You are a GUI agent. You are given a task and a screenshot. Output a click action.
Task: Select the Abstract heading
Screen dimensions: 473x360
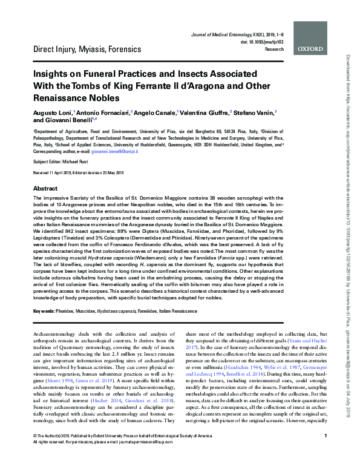tap(45, 189)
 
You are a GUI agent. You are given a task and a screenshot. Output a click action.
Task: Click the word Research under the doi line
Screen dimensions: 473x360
tap(274, 49)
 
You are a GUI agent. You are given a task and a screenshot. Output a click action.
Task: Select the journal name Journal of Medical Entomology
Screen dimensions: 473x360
tap(220, 38)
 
